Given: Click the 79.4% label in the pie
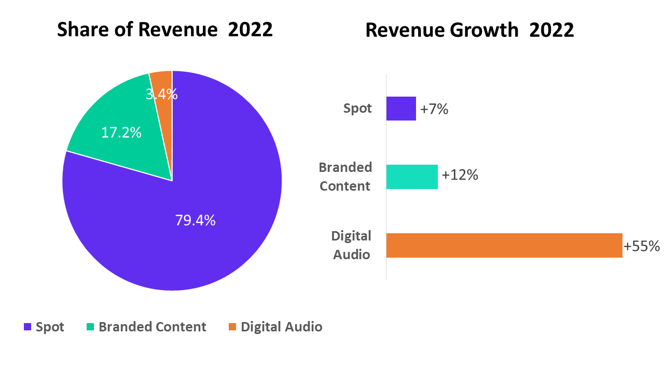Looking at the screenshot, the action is coord(196,221).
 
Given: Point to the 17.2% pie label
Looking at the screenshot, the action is coord(121,132).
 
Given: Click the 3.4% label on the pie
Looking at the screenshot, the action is coord(162,95).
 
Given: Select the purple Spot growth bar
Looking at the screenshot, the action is coord(401,109).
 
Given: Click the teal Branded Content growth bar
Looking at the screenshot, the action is coord(412,177).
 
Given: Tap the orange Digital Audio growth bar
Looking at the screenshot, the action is coord(504,246).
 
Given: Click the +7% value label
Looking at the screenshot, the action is coord(434,109).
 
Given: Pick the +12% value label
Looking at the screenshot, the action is coord(460,175).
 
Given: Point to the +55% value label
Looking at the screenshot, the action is coord(642,246).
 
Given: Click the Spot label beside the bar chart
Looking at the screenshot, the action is coord(357,109).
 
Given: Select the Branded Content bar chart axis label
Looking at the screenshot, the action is coord(345,177).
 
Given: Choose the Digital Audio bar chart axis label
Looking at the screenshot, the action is coord(351,245).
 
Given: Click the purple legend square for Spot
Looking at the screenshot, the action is coord(27,327).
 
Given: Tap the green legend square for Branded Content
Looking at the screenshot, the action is coord(90,327).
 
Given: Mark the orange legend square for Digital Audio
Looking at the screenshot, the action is coord(232,327).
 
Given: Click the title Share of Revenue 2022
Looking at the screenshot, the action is coord(165,30).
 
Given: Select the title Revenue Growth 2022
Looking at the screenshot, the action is coord(470,30).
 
